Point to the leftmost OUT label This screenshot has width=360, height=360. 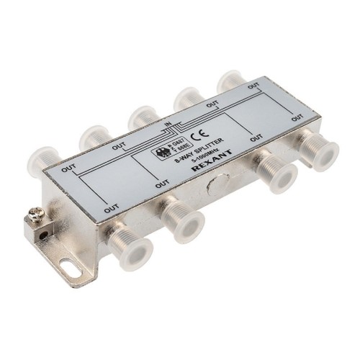pos(69,169)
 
